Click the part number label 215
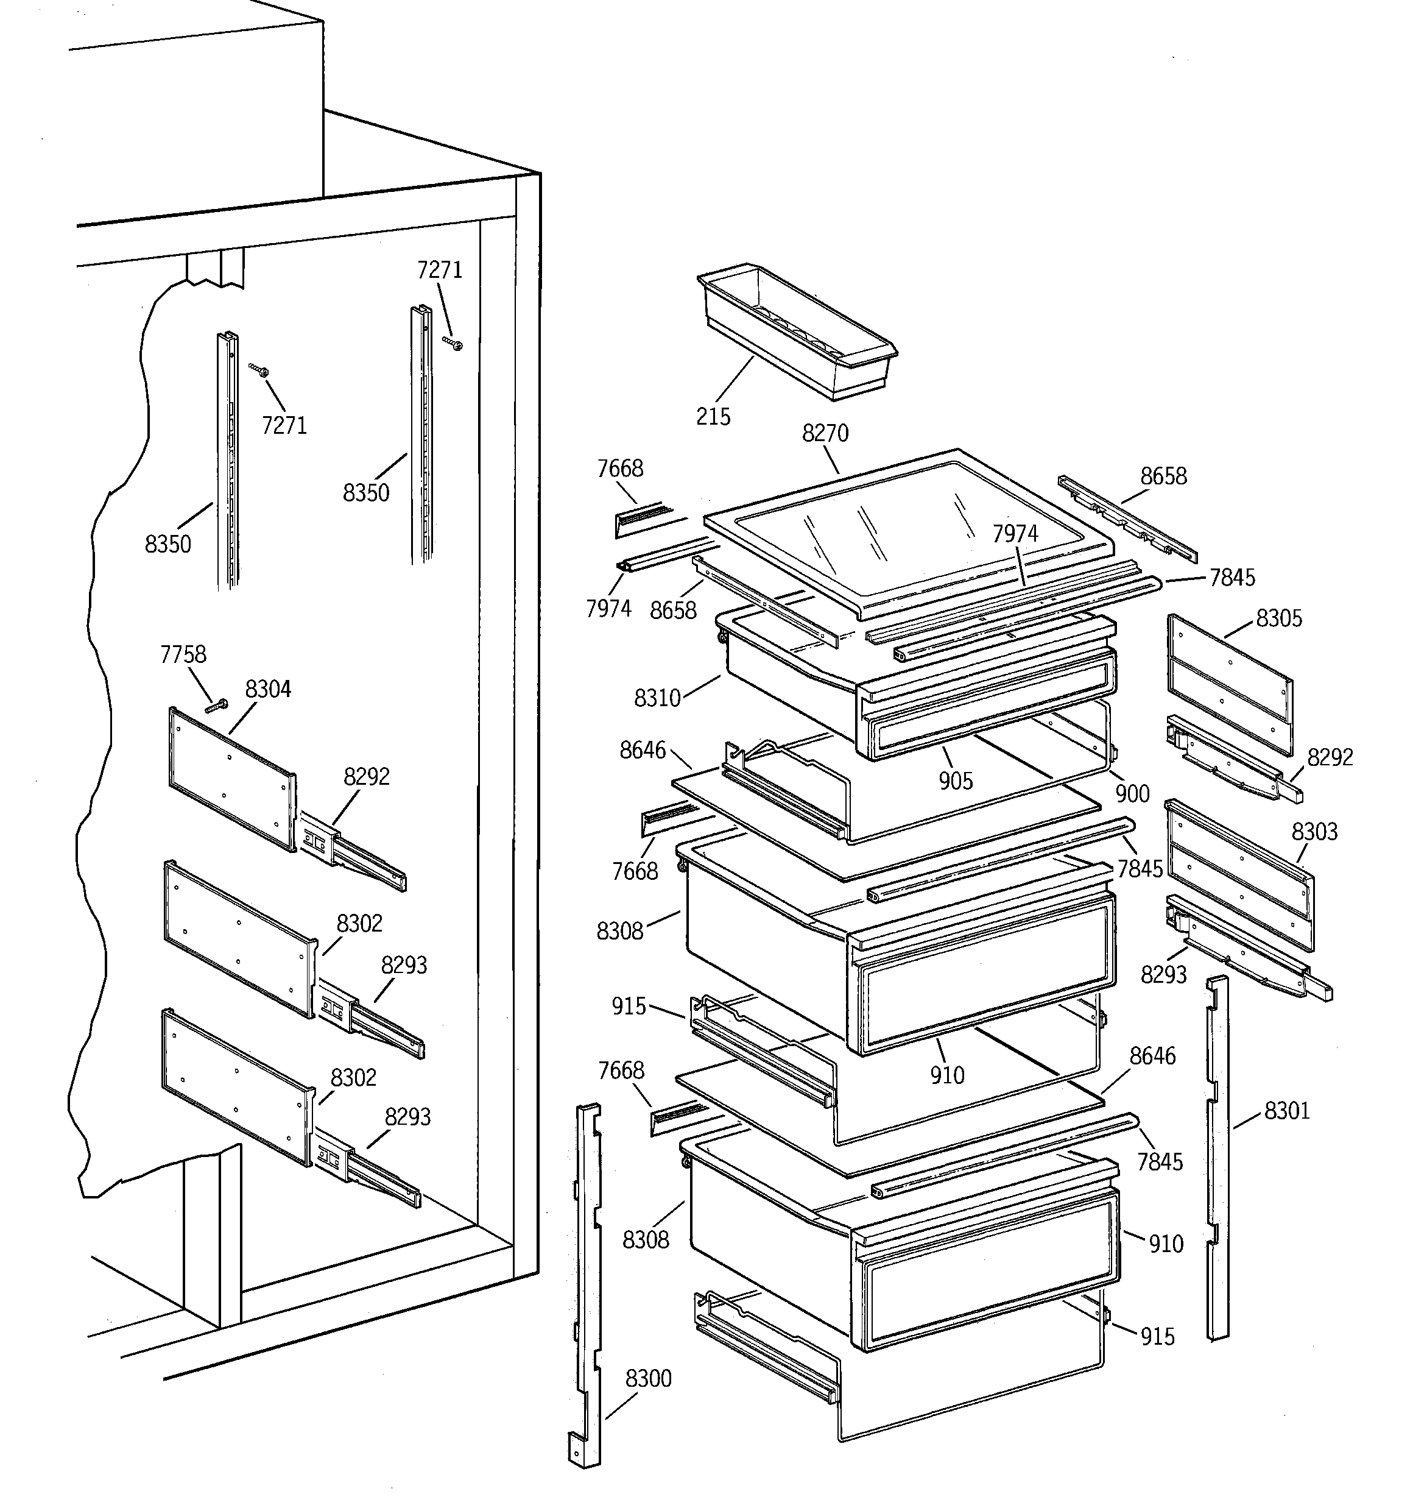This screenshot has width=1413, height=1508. [713, 416]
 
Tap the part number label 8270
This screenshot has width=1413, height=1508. [825, 433]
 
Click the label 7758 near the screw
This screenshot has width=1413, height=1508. [183, 654]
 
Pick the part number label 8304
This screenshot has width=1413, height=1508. [268, 690]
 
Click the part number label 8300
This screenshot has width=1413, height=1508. [649, 1378]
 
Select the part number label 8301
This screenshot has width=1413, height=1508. [1287, 1111]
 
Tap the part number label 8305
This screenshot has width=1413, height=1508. [1279, 618]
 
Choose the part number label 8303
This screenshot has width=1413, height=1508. [1314, 832]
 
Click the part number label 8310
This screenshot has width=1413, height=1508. [657, 698]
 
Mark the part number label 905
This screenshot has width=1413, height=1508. [955, 781]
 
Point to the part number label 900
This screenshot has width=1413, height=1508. [1132, 794]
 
